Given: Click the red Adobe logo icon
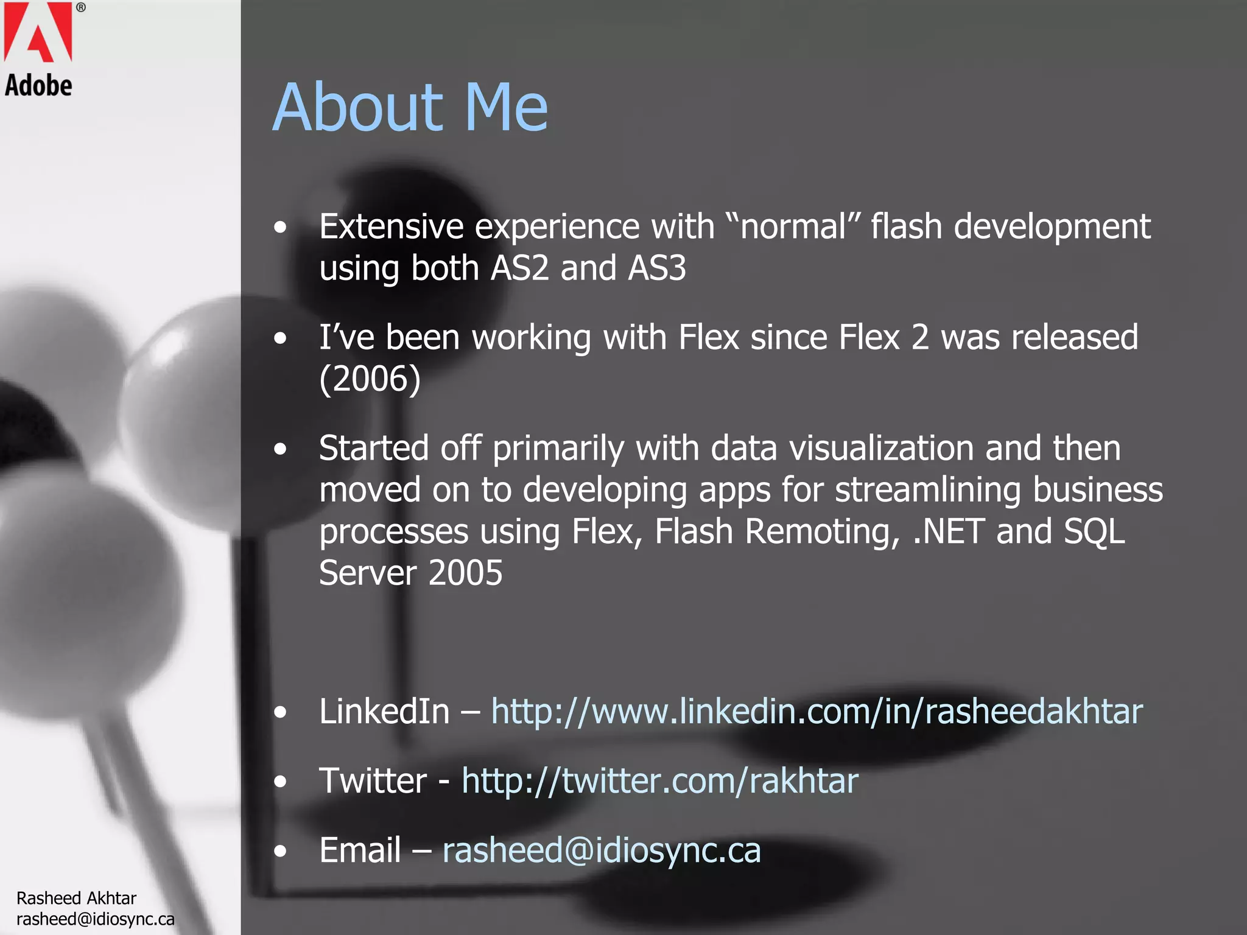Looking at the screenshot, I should click(38, 31).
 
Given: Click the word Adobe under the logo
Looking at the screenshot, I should click(38, 86).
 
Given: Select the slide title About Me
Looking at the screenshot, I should click(410, 108).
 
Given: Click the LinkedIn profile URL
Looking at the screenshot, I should click(817, 711).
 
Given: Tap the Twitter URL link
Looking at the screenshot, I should click(659, 780).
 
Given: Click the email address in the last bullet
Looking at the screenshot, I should click(601, 850).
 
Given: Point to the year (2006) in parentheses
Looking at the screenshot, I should click(370, 379).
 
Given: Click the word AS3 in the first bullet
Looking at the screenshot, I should click(656, 268).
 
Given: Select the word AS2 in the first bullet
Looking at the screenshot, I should click(519, 268).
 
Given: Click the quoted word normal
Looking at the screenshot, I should click(793, 226).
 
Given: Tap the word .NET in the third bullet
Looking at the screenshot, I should click(948, 531).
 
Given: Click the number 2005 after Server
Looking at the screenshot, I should click(465, 573).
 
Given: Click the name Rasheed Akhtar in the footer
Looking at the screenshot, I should click(76, 898).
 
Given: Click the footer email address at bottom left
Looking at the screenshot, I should click(95, 919).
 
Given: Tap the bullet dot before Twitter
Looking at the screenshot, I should click(280, 782).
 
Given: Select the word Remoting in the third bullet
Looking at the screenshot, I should click(822, 531).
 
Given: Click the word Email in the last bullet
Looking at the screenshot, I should click(360, 850).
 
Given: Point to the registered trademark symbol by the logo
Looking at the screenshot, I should click(80, 8).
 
